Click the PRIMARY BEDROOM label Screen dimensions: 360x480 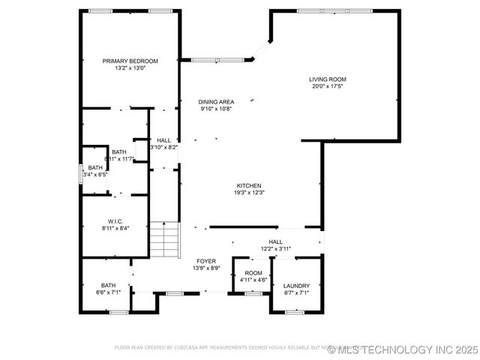(130, 61)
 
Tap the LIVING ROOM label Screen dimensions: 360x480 (328, 79)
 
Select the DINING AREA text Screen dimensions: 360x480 (216, 101)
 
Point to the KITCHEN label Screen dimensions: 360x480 (249, 185)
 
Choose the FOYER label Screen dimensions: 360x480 (205, 261)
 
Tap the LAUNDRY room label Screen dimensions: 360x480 (296, 286)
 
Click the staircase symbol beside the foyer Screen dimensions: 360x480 (165, 239)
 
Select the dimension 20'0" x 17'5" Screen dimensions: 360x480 (328, 86)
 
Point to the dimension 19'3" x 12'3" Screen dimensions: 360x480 (249, 193)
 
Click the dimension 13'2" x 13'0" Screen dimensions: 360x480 (130, 68)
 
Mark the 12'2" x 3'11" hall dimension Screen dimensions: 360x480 (276, 249)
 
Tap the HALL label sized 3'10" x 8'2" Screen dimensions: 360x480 (163, 140)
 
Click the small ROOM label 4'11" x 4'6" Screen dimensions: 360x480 (253, 273)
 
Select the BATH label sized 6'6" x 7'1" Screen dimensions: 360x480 (109, 285)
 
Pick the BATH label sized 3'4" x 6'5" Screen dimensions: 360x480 (95, 168)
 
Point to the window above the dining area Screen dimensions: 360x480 (216, 59)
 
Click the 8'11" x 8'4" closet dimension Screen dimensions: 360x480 (115, 228)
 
